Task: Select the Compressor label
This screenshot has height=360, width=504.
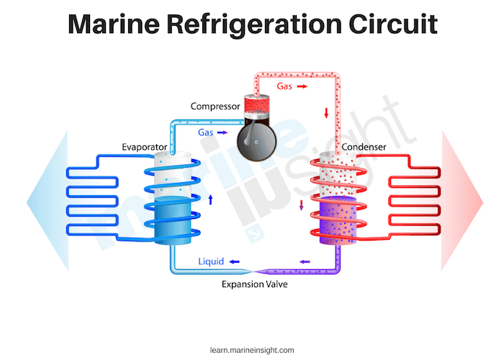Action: (x=215, y=107)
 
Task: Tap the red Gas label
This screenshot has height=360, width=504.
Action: (x=285, y=86)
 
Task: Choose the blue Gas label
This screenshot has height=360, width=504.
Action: (x=205, y=132)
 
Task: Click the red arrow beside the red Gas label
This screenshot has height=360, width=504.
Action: (x=303, y=86)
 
